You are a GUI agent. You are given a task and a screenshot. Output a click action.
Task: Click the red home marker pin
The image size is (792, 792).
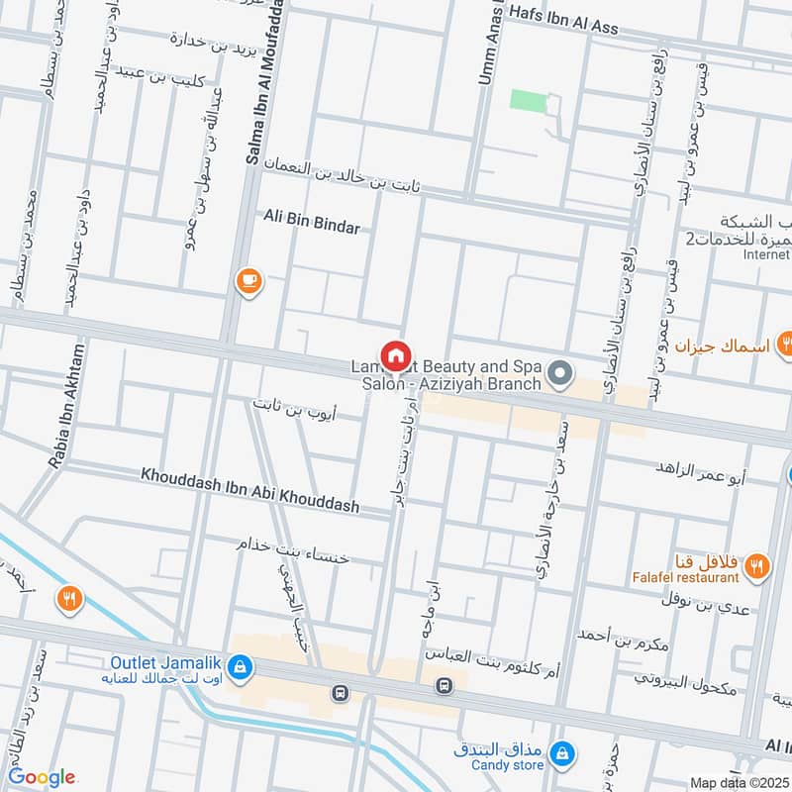395,355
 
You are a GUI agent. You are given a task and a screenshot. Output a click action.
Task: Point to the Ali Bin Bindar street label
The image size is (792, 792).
312,225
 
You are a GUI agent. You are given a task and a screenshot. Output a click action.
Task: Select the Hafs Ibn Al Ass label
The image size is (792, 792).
563,19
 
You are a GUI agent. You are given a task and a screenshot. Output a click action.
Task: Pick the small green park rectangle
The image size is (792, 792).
529,100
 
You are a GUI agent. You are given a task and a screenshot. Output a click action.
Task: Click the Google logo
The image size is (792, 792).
42,777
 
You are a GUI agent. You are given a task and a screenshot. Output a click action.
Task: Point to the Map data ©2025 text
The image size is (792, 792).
738,783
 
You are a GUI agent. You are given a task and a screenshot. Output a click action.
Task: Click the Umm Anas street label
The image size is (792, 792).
486,49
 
